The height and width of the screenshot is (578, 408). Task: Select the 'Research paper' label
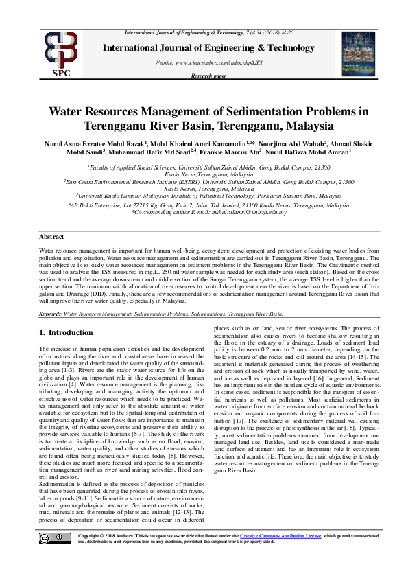pyautogui.click(x=209, y=77)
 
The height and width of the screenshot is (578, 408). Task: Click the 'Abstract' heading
pyautogui.click(x=51, y=235)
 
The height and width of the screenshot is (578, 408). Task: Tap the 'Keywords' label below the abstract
pyautogui.click(x=50, y=313)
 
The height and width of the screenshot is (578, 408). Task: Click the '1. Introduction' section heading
pyautogui.click(x=66, y=333)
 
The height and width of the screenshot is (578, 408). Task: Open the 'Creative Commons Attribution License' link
pyautogui.click(x=280, y=555)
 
